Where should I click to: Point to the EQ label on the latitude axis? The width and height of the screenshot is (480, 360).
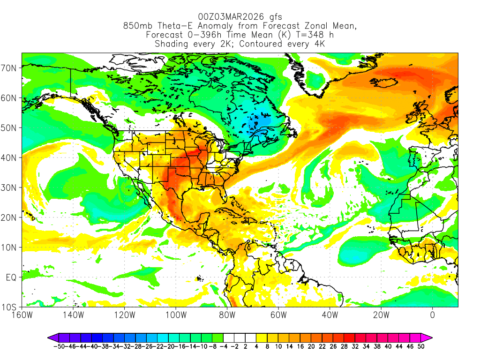coord(12,277)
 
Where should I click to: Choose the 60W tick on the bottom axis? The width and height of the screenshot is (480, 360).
coord(278,315)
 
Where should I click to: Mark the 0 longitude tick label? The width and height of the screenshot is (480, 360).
coord(432,315)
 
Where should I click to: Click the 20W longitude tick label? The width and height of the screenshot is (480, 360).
coord(381,315)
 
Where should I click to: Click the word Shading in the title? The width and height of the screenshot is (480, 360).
coord(172,44)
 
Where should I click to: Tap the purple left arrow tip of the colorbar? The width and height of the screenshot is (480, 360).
coord(49,337)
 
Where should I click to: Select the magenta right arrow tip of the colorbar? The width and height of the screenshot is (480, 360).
coord(430,337)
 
